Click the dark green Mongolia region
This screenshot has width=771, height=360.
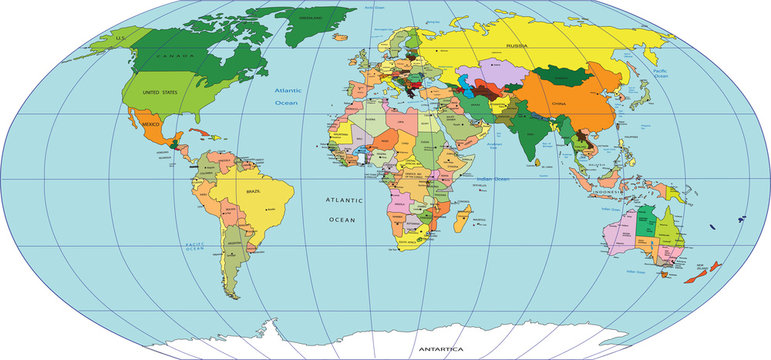pos(565,75)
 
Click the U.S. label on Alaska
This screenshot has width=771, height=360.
pos(122,37)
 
